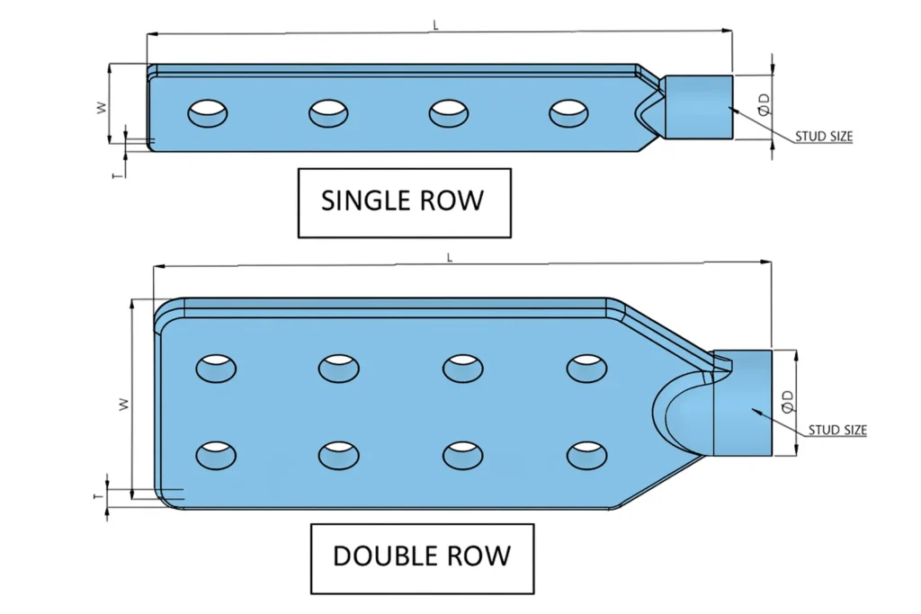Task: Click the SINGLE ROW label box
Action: pyautogui.click(x=404, y=201)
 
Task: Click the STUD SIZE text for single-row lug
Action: pyautogui.click(x=823, y=138)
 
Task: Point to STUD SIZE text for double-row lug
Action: pyautogui.click(x=836, y=431)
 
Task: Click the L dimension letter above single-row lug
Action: pyautogui.click(x=436, y=26)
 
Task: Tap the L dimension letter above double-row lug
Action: pyautogui.click(x=450, y=257)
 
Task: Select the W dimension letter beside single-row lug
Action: pyautogui.click(x=102, y=106)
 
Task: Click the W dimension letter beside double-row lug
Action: pyautogui.click(x=125, y=404)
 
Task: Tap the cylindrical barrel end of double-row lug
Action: pyautogui.click(x=742, y=402)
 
